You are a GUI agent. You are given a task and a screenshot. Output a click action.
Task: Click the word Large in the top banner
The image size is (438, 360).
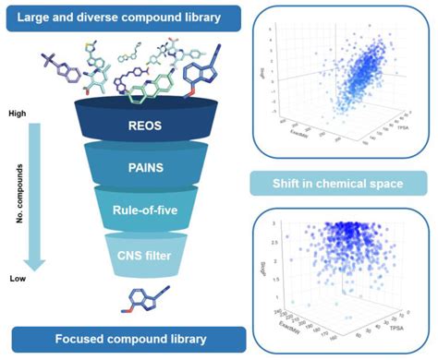coord(34,16)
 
